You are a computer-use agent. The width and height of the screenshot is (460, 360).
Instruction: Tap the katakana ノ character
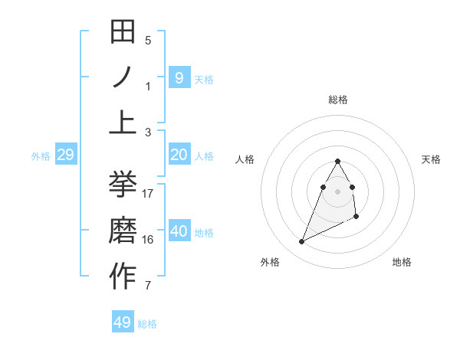tap(123, 77)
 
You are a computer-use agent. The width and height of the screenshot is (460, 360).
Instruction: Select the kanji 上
tap(123, 121)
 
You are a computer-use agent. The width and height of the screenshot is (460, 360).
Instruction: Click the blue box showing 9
tap(179, 77)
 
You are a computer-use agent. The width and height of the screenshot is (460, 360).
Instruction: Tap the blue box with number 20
tap(179, 155)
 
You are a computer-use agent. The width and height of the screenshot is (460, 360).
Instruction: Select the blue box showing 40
tap(179, 231)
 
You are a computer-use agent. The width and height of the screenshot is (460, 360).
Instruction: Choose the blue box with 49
tap(123, 322)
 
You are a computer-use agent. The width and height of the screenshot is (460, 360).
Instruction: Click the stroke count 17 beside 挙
tap(149, 193)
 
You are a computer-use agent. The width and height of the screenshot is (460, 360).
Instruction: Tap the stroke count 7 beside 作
tap(149, 286)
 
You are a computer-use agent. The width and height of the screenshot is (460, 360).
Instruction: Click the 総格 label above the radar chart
tap(338, 100)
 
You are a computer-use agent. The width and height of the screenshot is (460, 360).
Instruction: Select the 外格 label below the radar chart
tap(270, 262)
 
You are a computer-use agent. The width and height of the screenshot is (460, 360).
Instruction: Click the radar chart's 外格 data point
tap(302, 242)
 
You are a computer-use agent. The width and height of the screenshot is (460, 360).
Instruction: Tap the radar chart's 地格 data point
tap(356, 218)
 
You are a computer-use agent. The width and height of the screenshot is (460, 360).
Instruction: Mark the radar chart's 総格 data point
tap(338, 161)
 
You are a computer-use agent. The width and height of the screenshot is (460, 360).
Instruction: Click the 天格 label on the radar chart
tap(432, 159)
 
